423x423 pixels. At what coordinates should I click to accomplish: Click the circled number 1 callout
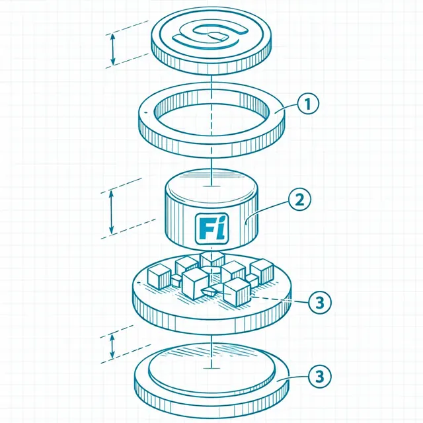tap(308, 104)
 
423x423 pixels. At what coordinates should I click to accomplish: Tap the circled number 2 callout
tap(299, 200)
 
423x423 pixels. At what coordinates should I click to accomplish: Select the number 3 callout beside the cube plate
tap(320, 302)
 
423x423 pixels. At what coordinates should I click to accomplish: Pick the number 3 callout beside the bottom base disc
tap(320, 376)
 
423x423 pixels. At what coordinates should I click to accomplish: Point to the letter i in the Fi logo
tap(221, 228)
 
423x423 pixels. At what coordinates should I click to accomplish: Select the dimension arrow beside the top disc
tap(113, 50)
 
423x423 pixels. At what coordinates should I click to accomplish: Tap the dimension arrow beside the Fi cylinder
tap(111, 211)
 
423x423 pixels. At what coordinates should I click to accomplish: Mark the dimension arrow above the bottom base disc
tap(112, 346)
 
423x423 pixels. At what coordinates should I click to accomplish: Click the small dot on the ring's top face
tap(146, 111)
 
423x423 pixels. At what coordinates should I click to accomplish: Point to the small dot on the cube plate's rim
tap(139, 283)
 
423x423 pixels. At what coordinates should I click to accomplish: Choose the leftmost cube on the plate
tap(159, 276)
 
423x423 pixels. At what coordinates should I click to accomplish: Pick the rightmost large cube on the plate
tap(262, 271)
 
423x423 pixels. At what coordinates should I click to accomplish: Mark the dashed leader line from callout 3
tap(280, 299)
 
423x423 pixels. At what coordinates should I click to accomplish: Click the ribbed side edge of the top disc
tap(211, 63)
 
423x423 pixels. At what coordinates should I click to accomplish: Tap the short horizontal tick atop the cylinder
tap(211, 186)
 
